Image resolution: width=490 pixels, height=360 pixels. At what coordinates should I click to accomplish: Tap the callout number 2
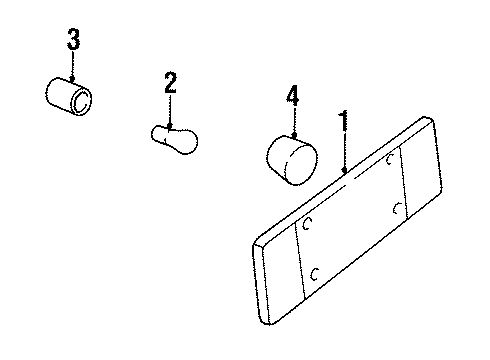pos(171,84)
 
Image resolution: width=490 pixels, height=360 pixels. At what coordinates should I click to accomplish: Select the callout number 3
pos(73,42)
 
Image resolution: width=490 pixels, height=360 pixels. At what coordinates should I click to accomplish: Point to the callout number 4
pos(292,96)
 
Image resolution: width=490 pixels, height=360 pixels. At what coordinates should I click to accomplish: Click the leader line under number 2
pos(171,108)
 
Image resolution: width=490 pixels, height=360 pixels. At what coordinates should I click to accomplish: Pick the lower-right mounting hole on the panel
pos(398,208)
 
